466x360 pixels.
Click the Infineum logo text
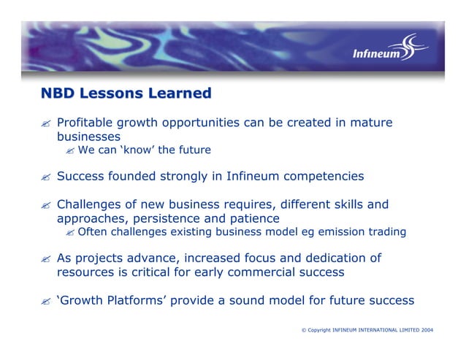(376, 54)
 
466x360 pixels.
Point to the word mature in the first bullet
(372, 123)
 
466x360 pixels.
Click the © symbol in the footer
(303, 331)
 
